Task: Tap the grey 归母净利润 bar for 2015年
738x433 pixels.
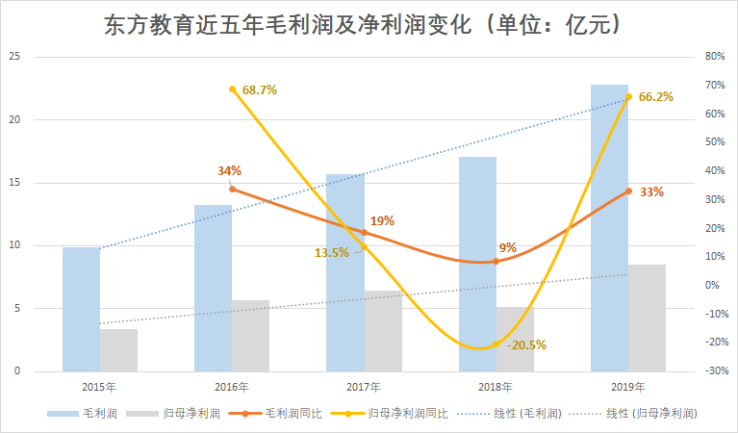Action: point(118,350)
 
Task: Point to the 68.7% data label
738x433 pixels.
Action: point(260,90)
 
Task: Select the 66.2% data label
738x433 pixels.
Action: point(655,96)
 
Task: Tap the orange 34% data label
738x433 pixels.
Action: point(229,171)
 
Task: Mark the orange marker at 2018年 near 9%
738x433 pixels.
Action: point(496,261)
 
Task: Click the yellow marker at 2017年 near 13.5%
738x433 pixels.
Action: point(364,247)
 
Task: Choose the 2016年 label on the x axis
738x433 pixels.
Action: point(232,387)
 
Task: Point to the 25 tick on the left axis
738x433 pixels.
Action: point(14,57)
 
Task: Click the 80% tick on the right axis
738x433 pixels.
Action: point(714,57)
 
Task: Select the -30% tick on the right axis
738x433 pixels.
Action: point(713,371)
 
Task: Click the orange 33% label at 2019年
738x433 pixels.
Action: point(651,191)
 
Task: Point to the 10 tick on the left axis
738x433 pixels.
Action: point(14,245)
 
